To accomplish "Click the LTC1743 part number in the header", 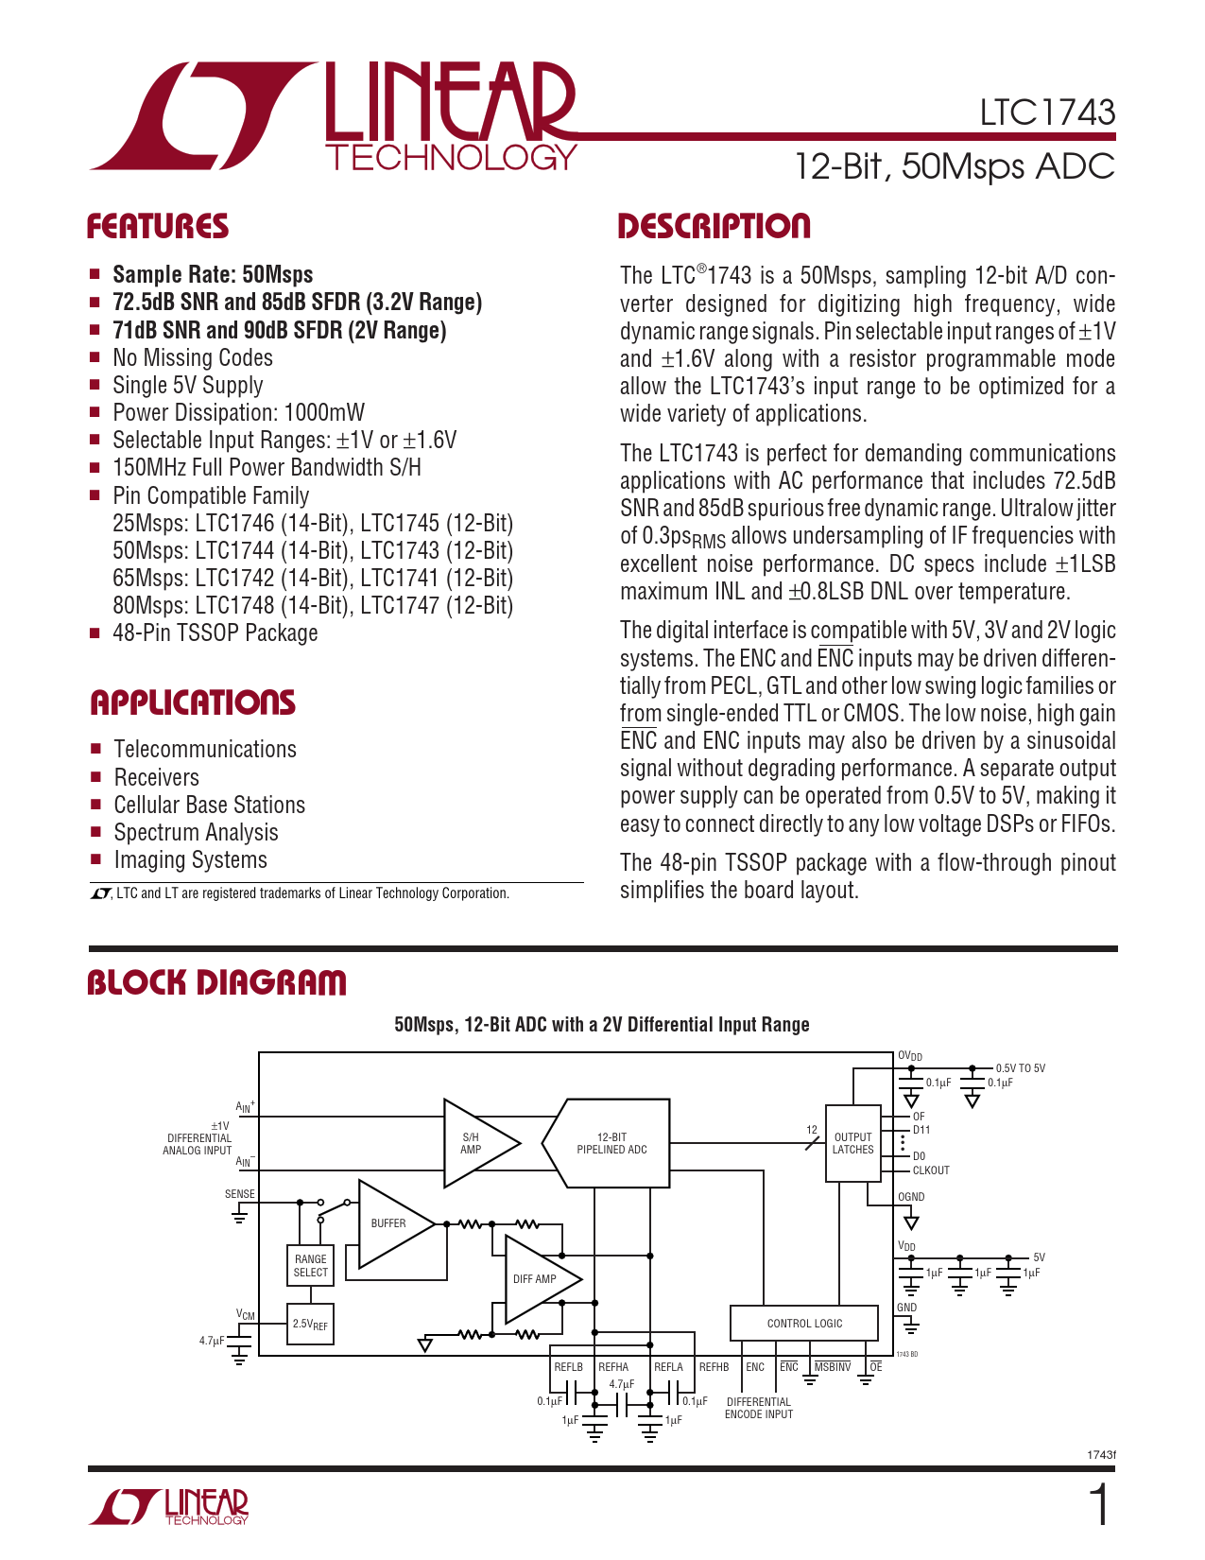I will click(1047, 113).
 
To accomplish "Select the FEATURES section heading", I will click(158, 227).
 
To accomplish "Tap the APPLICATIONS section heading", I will click(193, 702).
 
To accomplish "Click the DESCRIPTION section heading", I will click(714, 227).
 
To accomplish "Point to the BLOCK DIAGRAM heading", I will click(216, 982).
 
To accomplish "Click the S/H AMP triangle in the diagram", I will click(475, 1143).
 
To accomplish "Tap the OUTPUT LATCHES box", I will click(852, 1143).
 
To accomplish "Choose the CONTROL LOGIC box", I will click(804, 1323).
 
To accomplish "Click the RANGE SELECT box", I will click(310, 1266).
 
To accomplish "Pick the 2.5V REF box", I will click(310, 1325).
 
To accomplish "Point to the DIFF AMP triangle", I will click(537, 1279).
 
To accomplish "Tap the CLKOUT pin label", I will click(931, 1170).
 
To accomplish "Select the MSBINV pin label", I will click(832, 1367).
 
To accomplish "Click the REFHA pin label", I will click(613, 1367).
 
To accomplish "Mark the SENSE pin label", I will click(240, 1194).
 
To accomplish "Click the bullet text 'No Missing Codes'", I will click(193, 357).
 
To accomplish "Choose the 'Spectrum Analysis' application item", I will click(196, 832).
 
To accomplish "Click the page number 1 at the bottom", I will click(1099, 1506).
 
